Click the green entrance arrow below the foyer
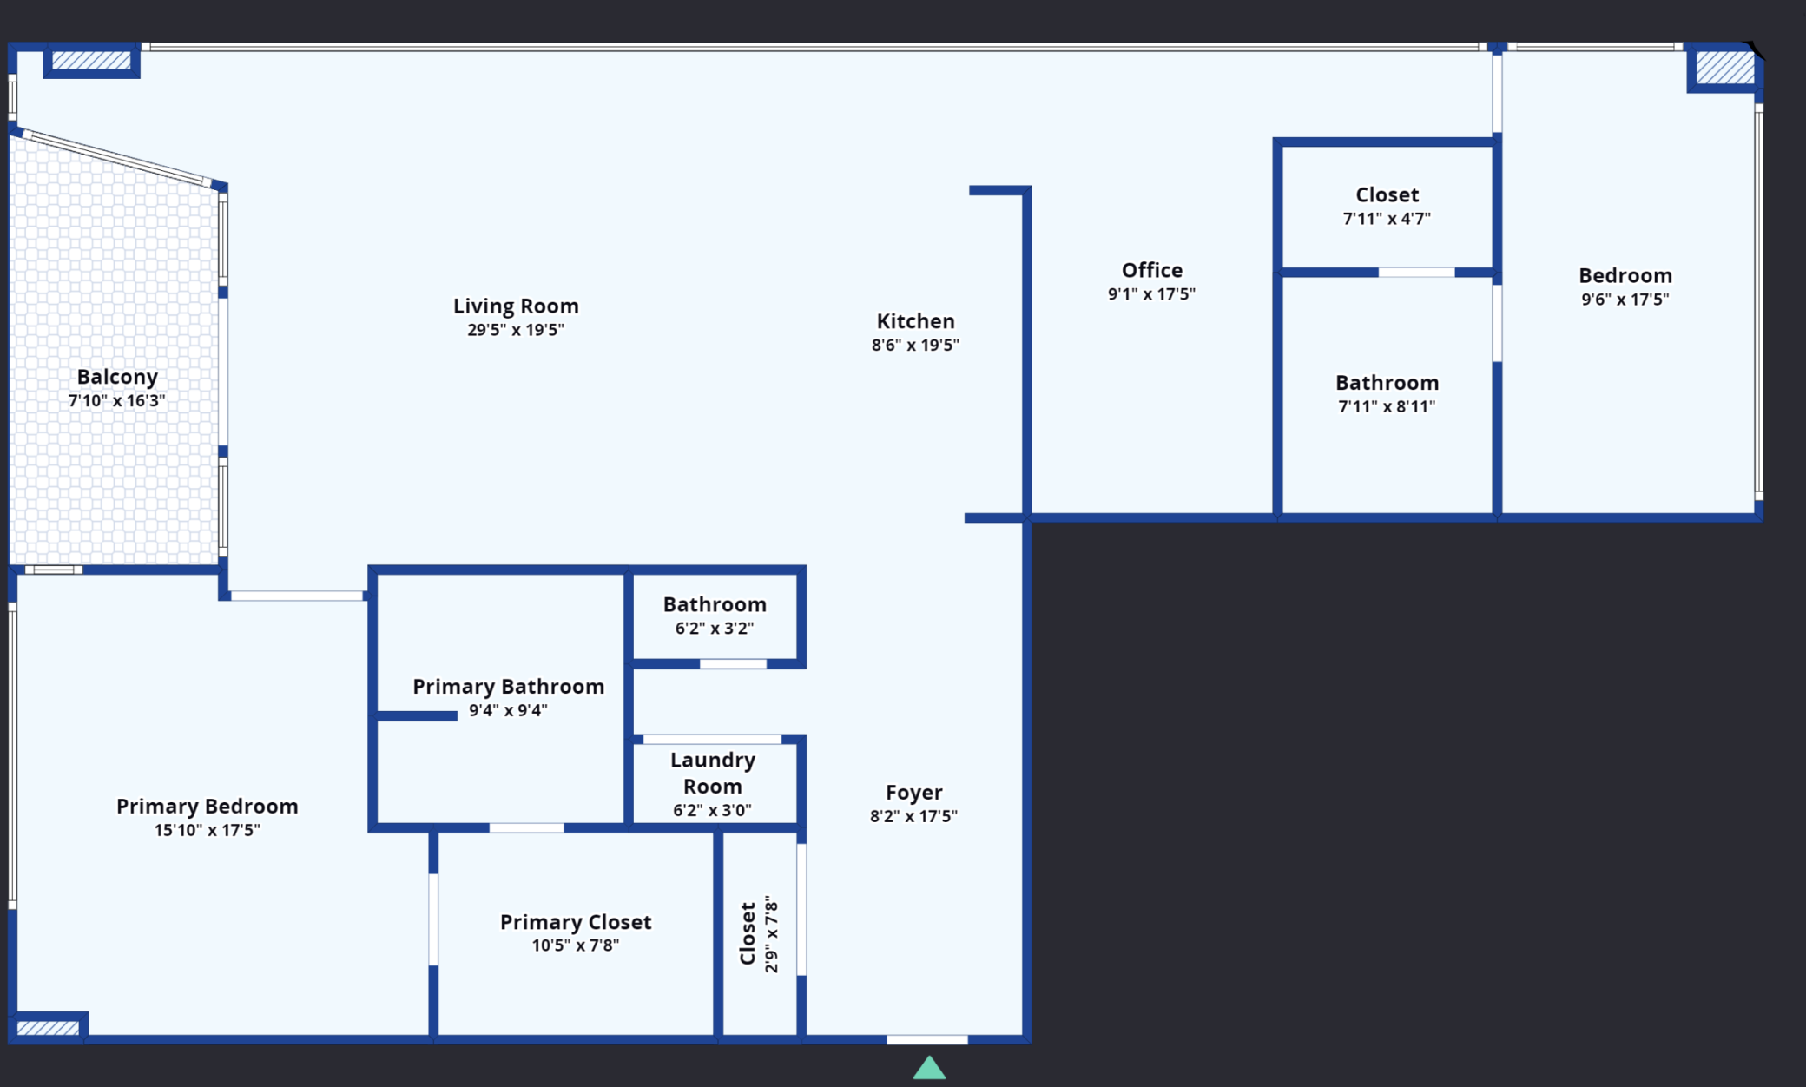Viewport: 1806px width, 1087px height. (x=929, y=1068)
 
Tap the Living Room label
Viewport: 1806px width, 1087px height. (x=516, y=306)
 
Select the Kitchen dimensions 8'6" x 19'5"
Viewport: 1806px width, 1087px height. (x=915, y=345)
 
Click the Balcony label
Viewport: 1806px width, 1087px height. (x=117, y=377)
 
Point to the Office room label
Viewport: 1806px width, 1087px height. (x=1152, y=270)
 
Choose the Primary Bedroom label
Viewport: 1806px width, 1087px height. (x=208, y=807)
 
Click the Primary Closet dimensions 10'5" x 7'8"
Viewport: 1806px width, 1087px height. (x=576, y=945)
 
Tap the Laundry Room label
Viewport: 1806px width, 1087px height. (x=713, y=773)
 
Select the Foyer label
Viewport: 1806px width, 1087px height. (x=914, y=792)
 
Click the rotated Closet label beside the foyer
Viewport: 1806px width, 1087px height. (x=748, y=933)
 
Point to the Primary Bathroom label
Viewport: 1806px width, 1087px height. (x=509, y=687)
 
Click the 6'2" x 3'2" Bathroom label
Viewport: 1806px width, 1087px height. (x=715, y=604)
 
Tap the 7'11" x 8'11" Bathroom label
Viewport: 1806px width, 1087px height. (x=1387, y=383)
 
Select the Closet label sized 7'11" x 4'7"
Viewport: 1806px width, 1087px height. (x=1387, y=195)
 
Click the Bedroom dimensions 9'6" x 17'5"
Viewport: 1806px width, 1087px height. (x=1625, y=300)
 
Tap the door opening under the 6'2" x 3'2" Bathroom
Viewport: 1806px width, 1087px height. (x=734, y=664)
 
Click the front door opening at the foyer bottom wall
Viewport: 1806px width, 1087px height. (x=927, y=1039)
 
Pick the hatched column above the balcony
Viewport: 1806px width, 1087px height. (x=91, y=60)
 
